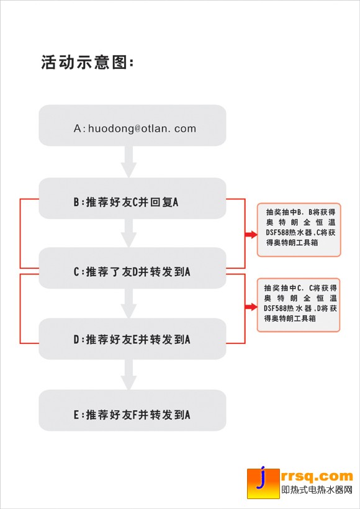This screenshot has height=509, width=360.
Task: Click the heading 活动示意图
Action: (88, 62)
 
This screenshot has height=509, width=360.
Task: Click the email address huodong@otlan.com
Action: (142, 128)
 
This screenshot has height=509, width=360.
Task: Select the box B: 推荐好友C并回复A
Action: (132, 198)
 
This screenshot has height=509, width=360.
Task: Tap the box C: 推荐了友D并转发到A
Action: (132, 268)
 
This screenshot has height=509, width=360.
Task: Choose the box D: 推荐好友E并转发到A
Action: (132, 338)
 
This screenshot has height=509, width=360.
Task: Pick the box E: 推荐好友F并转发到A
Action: (132, 410)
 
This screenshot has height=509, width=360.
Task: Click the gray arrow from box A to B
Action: (128, 161)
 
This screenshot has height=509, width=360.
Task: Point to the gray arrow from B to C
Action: (128, 233)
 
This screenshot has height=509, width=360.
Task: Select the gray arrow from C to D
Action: (128, 304)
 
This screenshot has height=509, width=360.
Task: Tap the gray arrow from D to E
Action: (128, 374)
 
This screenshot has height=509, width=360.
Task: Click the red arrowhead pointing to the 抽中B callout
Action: (251, 235)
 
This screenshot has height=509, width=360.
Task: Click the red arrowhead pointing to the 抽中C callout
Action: (251, 307)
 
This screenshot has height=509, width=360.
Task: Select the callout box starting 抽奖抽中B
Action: (299, 230)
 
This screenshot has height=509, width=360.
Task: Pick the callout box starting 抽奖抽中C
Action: (299, 305)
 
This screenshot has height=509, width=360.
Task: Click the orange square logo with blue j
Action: (263, 484)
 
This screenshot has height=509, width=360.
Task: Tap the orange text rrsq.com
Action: (317, 476)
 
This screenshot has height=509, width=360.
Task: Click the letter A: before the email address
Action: (79, 128)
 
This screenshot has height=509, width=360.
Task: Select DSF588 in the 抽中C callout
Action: (272, 309)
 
